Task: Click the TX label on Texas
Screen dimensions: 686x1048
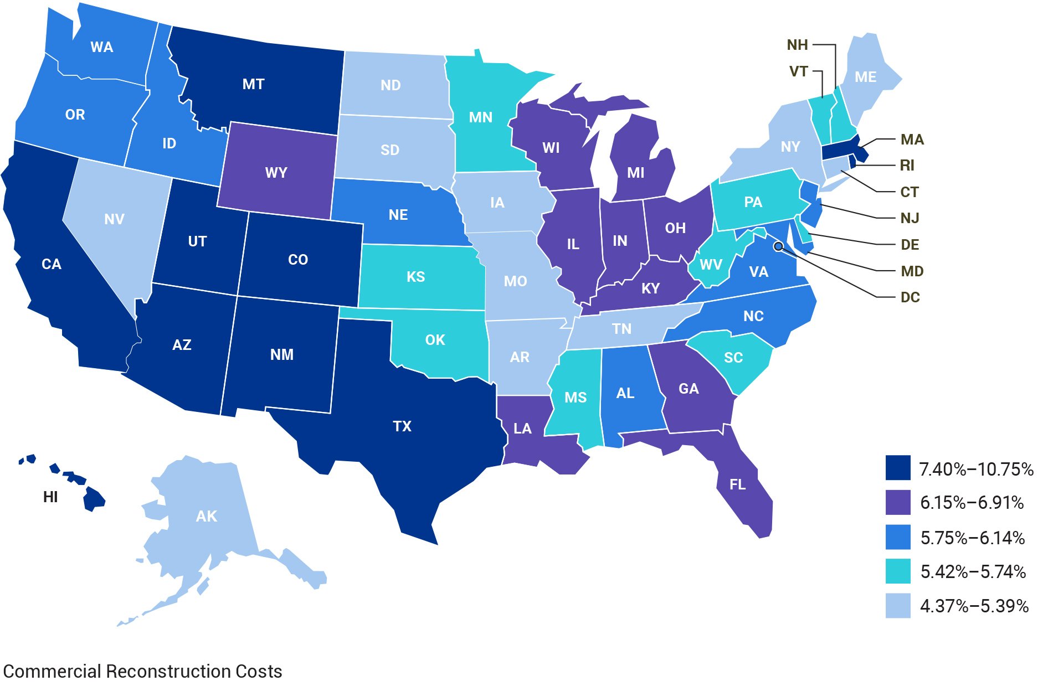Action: click(x=402, y=426)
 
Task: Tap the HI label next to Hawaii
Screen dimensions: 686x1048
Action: click(x=50, y=497)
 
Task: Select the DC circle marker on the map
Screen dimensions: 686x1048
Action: click(x=778, y=246)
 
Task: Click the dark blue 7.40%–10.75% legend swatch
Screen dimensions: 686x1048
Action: click(x=897, y=468)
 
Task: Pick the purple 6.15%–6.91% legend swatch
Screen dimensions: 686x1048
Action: click(x=897, y=502)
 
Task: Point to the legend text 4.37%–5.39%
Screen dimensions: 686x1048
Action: click(x=974, y=606)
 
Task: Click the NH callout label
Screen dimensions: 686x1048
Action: click(x=797, y=45)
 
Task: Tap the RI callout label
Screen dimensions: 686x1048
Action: click(x=907, y=165)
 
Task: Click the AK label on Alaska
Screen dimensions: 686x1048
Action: click(x=206, y=517)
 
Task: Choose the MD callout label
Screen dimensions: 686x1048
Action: click(x=912, y=271)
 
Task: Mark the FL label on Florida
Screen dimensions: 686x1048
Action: click(x=737, y=485)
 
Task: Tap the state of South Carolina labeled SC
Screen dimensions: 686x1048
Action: click(x=733, y=358)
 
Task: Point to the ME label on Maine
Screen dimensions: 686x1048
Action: click(x=865, y=78)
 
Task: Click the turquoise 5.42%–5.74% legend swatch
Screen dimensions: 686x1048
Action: click(x=897, y=571)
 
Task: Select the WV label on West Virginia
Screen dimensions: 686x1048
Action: click(x=711, y=265)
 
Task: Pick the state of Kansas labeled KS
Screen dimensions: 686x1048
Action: click(x=415, y=277)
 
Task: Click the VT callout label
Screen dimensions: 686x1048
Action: click(x=798, y=71)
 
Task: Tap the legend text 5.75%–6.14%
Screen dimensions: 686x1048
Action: click(x=972, y=538)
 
